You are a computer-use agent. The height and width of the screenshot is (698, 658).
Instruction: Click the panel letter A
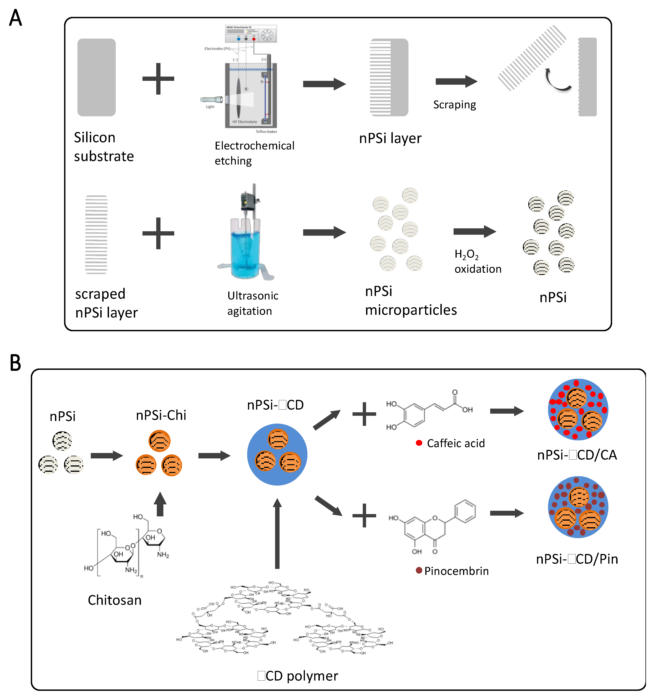pyautogui.click(x=15, y=18)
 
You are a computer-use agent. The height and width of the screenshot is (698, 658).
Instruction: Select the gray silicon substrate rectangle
pyautogui.click(x=96, y=77)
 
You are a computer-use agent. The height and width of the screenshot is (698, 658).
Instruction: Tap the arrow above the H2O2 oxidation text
pyautogui.click(x=474, y=231)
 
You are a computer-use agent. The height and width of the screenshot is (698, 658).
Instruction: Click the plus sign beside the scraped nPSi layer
pyautogui.click(x=158, y=233)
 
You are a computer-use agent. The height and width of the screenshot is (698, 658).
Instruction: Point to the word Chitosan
pyautogui.click(x=115, y=600)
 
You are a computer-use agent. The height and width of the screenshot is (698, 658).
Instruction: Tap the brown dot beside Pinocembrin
pyautogui.click(x=419, y=570)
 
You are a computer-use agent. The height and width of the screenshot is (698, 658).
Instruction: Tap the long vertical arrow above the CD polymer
pyautogui.click(x=277, y=534)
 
